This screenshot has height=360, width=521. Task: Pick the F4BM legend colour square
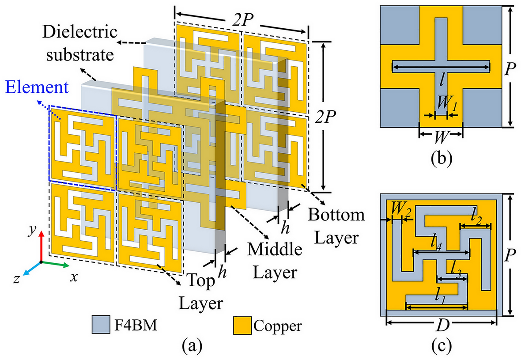(x=100, y=325)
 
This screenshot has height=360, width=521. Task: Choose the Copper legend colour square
(x=242, y=325)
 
